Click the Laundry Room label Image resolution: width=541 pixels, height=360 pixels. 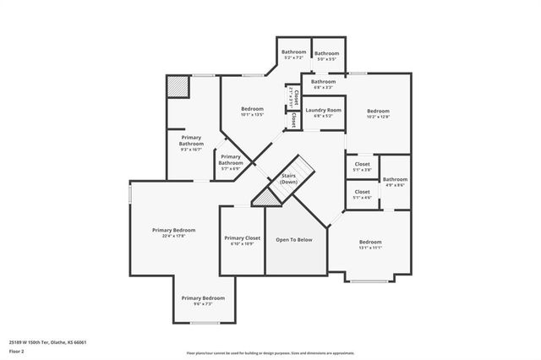point(323,110)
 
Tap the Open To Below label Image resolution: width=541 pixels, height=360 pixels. point(294,239)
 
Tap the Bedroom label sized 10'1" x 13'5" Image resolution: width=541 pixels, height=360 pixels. point(252,109)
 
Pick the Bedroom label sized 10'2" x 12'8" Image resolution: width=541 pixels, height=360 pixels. point(378,112)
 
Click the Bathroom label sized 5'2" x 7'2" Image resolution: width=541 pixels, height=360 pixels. point(294,52)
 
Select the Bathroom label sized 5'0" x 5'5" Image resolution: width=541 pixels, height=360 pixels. point(326,53)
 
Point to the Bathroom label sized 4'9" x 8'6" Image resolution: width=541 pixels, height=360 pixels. point(395,179)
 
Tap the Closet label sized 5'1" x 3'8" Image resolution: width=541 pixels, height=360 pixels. point(362,164)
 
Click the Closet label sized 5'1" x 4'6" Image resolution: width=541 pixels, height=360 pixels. point(362,192)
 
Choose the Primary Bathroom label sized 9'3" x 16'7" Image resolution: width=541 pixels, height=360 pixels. point(191,141)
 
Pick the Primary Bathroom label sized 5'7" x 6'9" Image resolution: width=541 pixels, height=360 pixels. point(231,157)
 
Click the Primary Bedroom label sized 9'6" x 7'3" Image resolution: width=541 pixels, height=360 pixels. point(203,297)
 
